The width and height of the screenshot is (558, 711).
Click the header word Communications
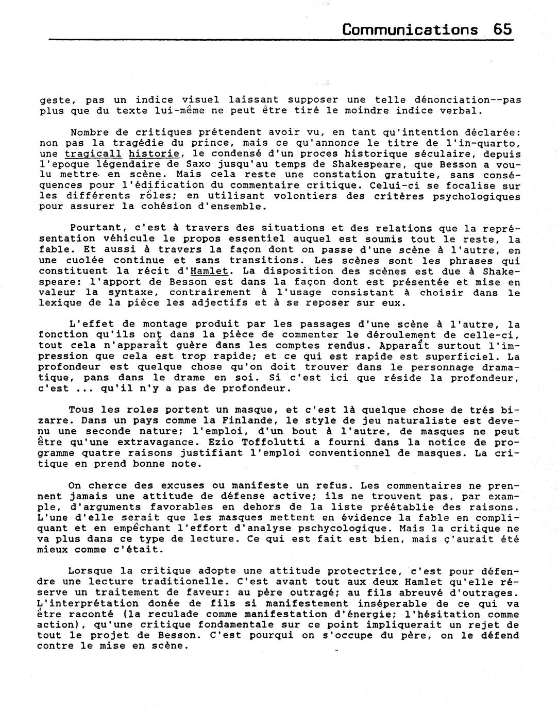410,29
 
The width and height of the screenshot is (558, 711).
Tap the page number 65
502,29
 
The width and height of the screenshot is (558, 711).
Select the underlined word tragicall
93,154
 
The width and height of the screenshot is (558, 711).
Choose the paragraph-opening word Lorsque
87,571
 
